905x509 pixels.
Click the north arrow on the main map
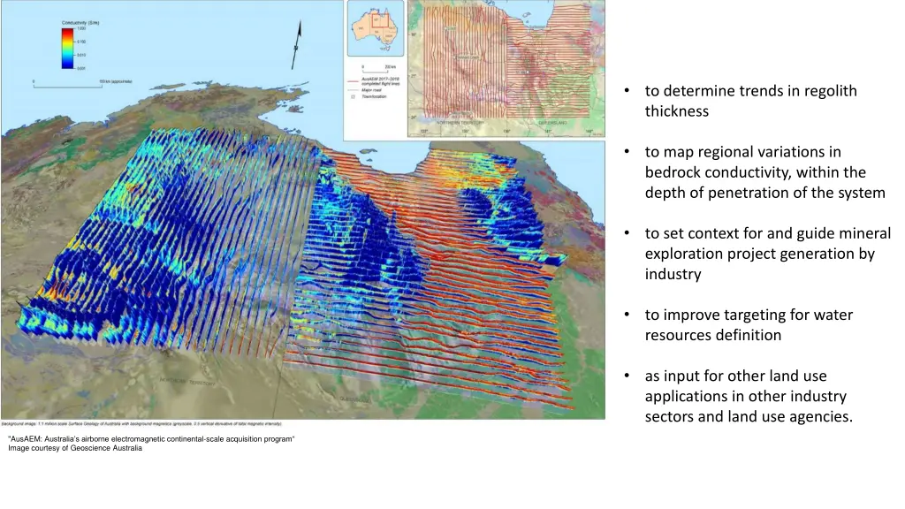pyautogui.click(x=297, y=45)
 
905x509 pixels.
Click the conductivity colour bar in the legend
pyautogui.click(x=68, y=48)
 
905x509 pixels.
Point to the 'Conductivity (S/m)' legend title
pyautogui.click(x=81, y=21)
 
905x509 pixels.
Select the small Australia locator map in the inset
pyautogui.click(x=374, y=28)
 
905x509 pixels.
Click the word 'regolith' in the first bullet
pyautogui.click(x=826, y=91)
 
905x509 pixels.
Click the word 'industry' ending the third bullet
pyautogui.click(x=673, y=274)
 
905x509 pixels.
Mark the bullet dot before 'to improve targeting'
pyautogui.click(x=627, y=315)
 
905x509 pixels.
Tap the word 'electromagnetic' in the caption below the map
pyautogui.click(x=143, y=438)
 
